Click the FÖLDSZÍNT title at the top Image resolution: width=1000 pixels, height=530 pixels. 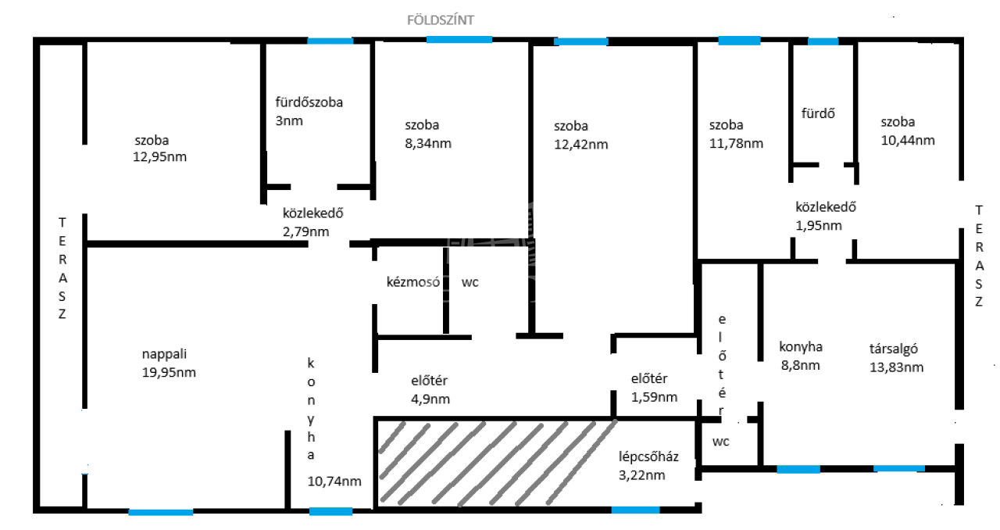pos(440,20)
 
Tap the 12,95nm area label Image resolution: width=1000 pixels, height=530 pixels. pos(159,157)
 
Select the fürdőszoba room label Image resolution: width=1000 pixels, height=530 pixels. pos(309,102)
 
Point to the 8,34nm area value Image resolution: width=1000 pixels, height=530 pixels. pos(427,144)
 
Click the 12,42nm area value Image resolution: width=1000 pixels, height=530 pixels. pos(580,145)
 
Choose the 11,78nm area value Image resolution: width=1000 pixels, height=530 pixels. pos(736,144)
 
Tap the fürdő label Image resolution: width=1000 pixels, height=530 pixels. pos(818,113)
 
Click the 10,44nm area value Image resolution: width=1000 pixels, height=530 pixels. pos(908,141)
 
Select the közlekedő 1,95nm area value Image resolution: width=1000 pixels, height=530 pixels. pos(819,226)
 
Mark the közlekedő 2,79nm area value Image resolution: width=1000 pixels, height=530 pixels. pos(305,232)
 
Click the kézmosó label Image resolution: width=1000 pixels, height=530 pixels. pos(413,282)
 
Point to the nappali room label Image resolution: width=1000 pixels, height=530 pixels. pos(164,354)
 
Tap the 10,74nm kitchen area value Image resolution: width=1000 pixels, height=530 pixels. pos(334,482)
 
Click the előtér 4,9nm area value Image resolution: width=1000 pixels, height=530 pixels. pos(430,399)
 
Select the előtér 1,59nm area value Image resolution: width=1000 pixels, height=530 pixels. pos(654,397)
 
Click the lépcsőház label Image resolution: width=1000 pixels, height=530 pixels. pos(648,457)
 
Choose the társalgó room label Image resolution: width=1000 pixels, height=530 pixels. pos(893,349)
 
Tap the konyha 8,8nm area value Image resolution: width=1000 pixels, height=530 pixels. pos(801,366)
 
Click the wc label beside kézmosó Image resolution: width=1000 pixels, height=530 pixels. pos(470,282)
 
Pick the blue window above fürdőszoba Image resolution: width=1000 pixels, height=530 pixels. pos(330,41)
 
